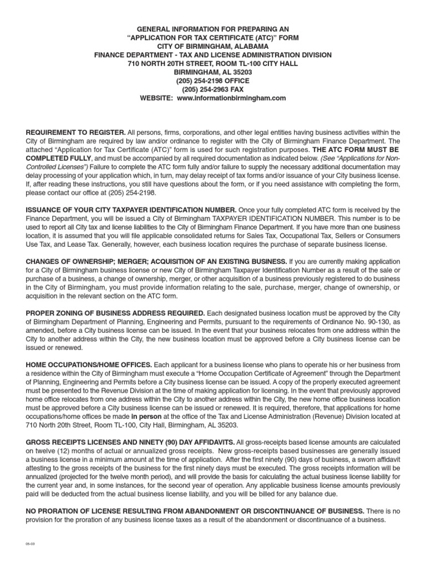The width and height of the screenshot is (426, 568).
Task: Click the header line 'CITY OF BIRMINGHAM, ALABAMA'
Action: pyautogui.click(x=212, y=45)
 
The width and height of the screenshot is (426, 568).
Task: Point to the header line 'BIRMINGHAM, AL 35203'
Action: pyautogui.click(x=212, y=72)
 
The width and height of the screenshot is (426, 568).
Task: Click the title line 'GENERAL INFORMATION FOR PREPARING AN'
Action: pyautogui.click(x=212, y=28)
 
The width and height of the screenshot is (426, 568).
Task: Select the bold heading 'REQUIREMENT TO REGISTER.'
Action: pyautogui.click(x=76, y=132)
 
